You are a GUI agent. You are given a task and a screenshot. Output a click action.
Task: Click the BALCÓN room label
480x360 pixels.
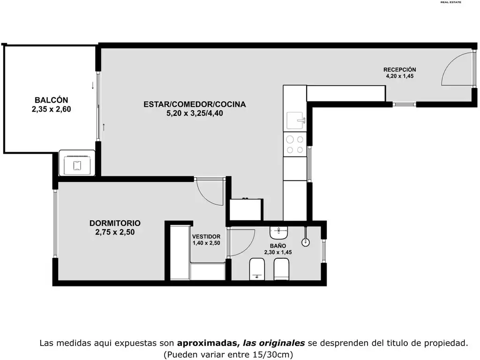51,100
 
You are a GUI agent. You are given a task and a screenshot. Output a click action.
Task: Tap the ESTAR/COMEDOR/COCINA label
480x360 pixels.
195,105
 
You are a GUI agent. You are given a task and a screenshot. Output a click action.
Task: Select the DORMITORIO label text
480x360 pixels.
115,223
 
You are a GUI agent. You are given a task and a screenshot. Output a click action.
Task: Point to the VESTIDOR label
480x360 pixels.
206,237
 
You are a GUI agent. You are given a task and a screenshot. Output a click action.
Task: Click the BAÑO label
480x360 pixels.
278,246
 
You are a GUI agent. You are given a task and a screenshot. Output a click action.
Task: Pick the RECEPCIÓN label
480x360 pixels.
400,69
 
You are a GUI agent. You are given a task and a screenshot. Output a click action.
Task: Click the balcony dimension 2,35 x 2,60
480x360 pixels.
51,109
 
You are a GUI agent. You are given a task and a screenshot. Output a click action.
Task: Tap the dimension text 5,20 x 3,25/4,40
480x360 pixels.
195,113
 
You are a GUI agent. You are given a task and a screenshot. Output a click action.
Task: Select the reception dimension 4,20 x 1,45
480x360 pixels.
400,76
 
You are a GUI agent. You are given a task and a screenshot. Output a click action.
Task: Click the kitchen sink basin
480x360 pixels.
296,120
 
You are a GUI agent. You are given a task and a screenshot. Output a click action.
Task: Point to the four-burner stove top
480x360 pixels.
295,144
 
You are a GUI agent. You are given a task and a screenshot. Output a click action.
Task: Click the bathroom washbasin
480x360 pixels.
278,232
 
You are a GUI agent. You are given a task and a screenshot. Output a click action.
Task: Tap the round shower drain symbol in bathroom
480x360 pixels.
306,242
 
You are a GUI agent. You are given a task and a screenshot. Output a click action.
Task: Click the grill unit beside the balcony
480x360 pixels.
77,163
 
